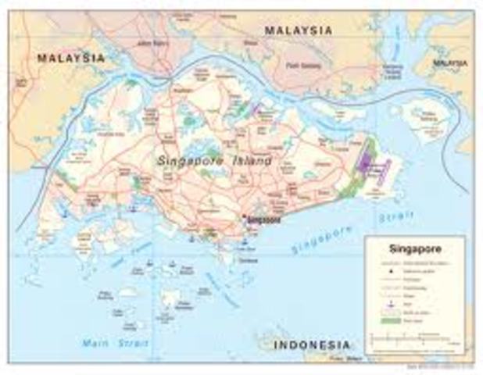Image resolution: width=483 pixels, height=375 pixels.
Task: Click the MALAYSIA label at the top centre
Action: (298, 30)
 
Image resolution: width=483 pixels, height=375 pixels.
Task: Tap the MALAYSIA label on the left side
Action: (71, 59)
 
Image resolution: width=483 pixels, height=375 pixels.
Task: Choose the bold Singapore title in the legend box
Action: (414, 249)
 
